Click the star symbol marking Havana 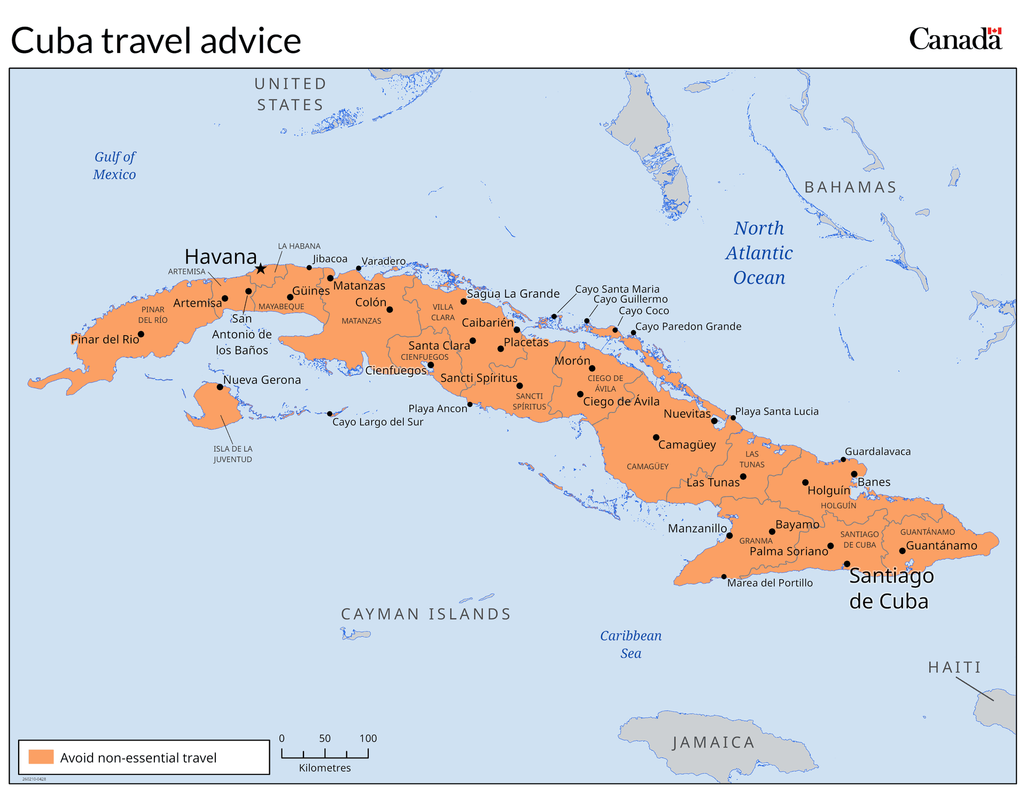[260, 269]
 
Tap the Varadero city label [383, 261]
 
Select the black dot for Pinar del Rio [141, 335]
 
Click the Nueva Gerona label [262, 380]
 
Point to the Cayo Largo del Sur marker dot [330, 414]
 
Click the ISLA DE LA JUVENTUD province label [233, 454]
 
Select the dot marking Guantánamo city [902, 551]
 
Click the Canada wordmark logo [955, 40]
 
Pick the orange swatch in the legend [41, 757]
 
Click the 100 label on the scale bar [368, 738]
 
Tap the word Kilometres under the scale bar [325, 768]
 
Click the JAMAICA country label [713, 743]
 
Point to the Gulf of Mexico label [114, 166]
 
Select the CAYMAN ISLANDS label [426, 615]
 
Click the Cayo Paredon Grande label [688, 326]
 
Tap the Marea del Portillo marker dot [724, 577]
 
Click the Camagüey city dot [656, 437]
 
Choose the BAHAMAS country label [850, 188]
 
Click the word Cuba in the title [52, 41]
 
